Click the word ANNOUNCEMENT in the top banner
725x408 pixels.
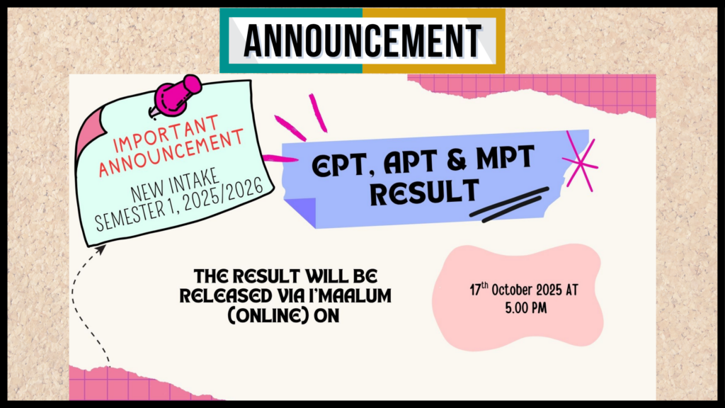[362, 40]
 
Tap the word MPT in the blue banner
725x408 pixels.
[506, 157]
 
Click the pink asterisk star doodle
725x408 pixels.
[580, 161]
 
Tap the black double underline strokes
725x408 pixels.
[509, 205]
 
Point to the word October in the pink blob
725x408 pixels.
[512, 290]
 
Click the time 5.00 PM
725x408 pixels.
[526, 308]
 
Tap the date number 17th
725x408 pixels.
[479, 289]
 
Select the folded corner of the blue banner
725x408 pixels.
[300, 212]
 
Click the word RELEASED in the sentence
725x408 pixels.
[226, 295]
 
